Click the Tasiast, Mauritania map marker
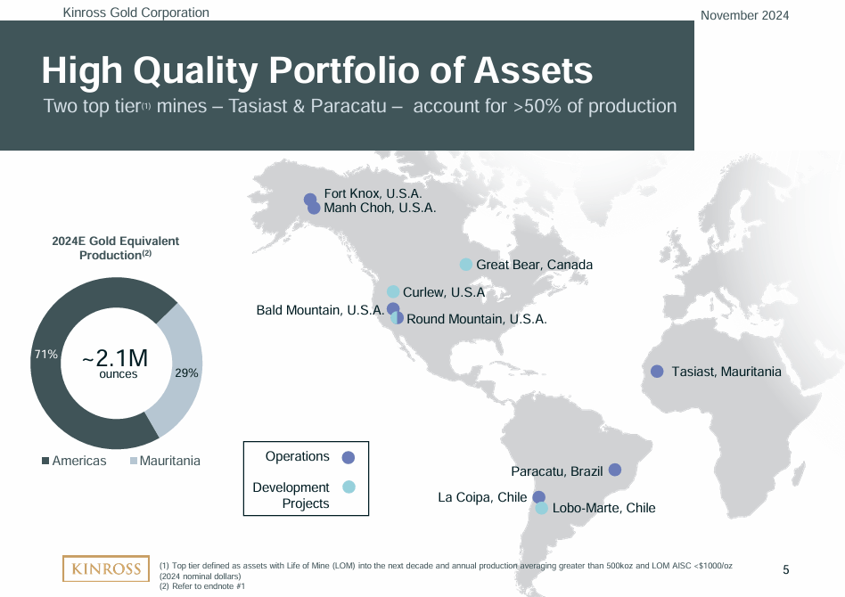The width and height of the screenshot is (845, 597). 657,372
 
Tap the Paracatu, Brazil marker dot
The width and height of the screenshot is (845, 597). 614,470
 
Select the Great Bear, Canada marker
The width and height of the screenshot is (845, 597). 465,265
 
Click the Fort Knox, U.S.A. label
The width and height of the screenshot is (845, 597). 372,193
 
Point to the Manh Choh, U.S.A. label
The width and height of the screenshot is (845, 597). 380,208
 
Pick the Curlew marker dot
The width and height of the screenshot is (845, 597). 393,291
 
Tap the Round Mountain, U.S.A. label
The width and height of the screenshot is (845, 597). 476,318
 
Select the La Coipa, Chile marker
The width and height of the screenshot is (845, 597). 538,497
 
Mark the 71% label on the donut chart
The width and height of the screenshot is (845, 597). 45,355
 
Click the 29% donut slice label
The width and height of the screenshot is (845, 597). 186,373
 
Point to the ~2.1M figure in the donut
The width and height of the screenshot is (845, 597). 114,358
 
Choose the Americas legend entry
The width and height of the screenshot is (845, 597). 74,461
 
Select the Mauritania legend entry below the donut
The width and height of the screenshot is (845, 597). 165,461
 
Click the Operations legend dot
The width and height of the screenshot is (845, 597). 349,457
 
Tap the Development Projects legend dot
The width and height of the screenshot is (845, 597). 349,487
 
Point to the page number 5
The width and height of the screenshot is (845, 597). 785,569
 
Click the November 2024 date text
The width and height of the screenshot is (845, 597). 744,15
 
